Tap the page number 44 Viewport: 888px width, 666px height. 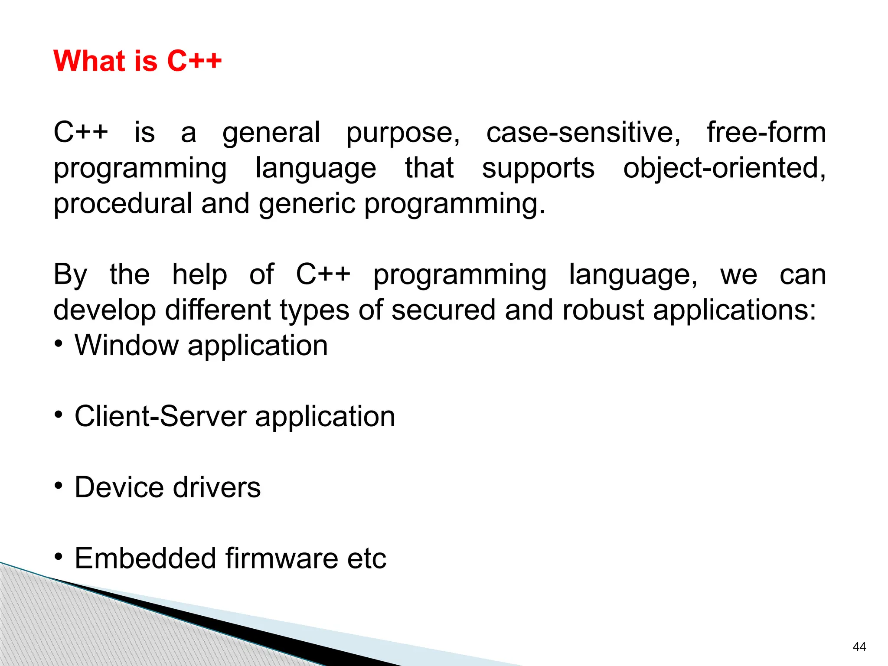[x=859, y=647]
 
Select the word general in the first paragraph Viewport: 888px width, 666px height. [x=271, y=133]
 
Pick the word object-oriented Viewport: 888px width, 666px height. [x=724, y=168]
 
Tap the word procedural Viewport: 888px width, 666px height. [x=123, y=204]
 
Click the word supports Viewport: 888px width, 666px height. [x=538, y=168]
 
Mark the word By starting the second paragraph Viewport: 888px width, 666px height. [x=70, y=275]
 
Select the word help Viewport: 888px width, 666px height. [x=199, y=275]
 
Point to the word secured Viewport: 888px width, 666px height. [x=443, y=310]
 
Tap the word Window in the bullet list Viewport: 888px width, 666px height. [x=127, y=346]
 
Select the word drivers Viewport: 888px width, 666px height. [x=217, y=488]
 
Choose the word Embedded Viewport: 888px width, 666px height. [x=146, y=558]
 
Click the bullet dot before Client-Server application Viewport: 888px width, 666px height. [x=59, y=415]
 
